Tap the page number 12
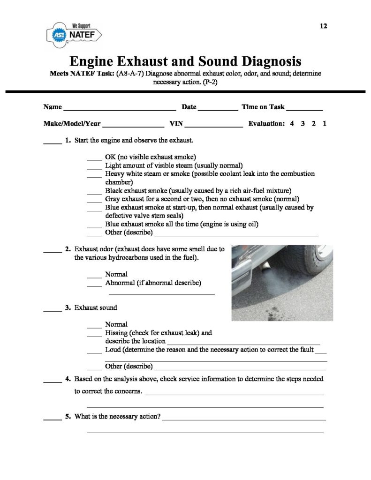[323, 26]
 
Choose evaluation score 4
[292, 125]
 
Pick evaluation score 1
[325, 125]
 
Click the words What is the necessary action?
[117, 416]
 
